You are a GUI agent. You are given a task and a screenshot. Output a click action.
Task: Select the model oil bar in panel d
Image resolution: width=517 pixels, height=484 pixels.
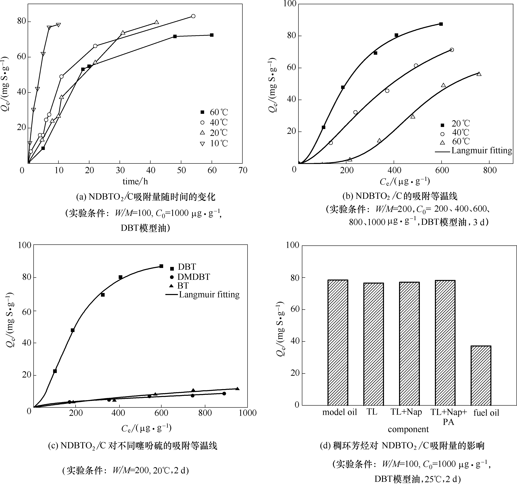(x=338, y=342)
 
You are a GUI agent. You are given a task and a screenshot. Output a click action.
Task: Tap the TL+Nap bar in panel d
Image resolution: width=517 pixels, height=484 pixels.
(x=409, y=343)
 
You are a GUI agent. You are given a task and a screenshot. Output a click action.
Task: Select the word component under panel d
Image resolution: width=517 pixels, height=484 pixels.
(x=408, y=429)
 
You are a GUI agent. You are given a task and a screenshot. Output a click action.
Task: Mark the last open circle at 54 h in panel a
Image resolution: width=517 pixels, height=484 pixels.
(x=193, y=16)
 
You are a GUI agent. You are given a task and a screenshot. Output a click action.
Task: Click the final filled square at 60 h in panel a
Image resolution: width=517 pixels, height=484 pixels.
(x=212, y=35)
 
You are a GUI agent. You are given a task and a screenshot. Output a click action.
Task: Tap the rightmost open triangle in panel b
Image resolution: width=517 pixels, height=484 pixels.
(x=479, y=74)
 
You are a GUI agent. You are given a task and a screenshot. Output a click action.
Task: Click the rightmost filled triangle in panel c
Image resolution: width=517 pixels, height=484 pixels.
(x=237, y=389)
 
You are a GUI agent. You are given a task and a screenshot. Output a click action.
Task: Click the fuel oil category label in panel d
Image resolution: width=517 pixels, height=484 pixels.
(x=486, y=413)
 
